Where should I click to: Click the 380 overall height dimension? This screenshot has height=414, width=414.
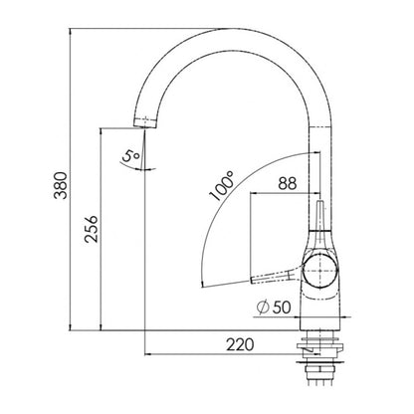pos(61,185)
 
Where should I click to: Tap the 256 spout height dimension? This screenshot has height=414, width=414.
pos(92,229)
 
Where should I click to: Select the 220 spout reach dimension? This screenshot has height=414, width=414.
pos(240,345)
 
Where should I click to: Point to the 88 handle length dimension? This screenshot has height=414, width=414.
pos(288,183)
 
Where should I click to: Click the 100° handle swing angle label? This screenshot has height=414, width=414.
pos(222,186)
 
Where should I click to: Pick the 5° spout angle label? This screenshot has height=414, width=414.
pos(130,156)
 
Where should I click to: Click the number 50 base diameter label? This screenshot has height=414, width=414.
pos(282,308)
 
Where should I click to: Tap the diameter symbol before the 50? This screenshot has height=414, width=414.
pos(263,308)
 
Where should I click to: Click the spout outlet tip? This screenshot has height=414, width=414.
pos(144,123)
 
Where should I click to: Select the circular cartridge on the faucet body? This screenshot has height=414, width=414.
pos(319,271)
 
